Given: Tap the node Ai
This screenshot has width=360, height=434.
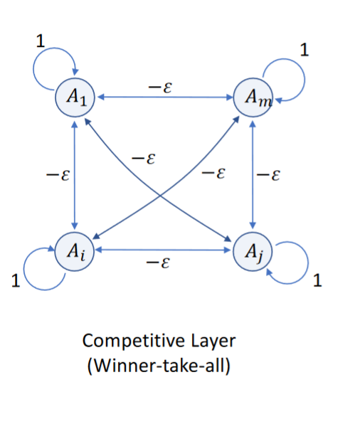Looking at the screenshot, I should (x=74, y=250).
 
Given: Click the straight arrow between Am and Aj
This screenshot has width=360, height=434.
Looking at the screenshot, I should (x=253, y=175).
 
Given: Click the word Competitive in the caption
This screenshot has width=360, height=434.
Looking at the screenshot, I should (x=122, y=341).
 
